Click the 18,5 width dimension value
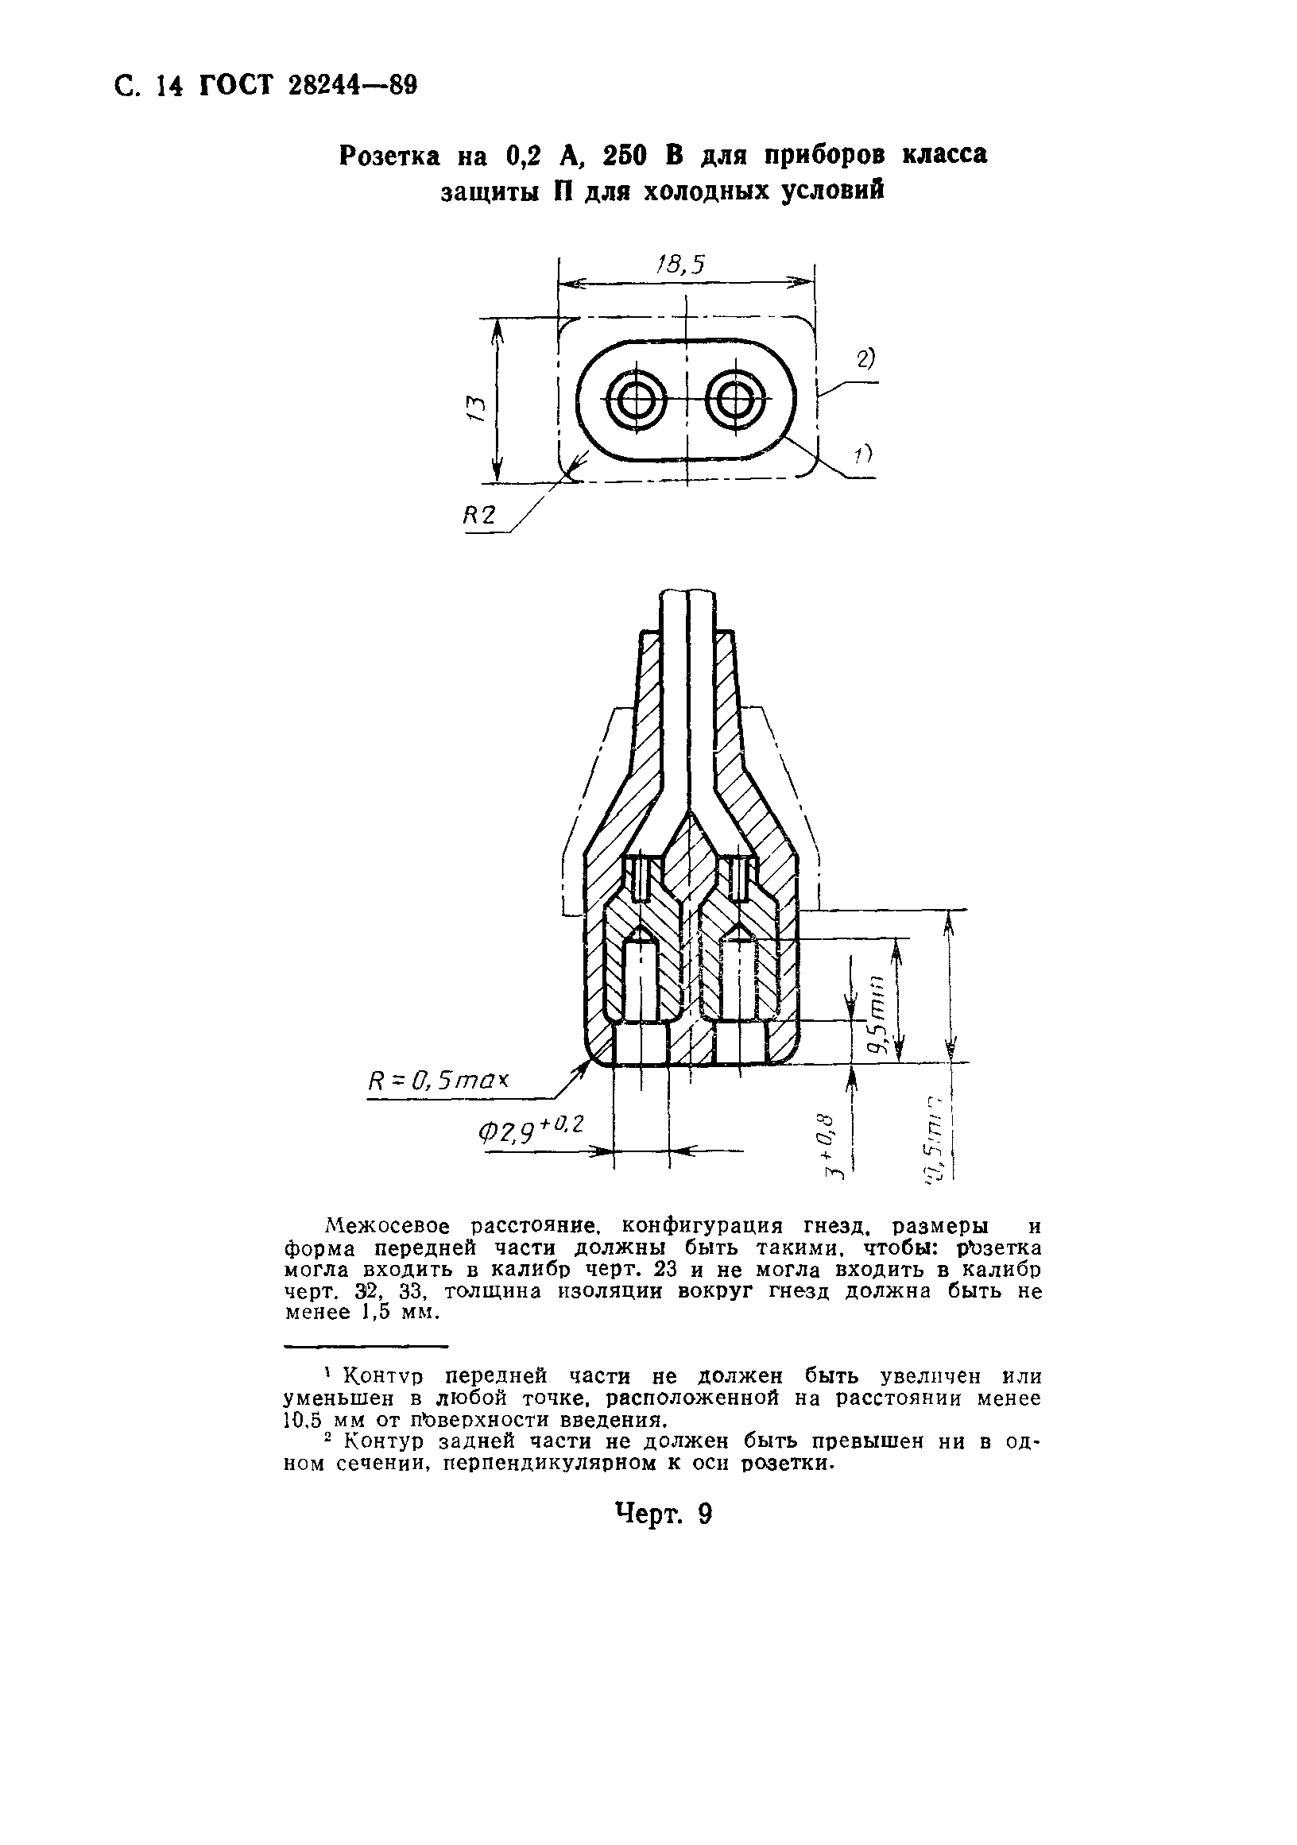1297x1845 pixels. coord(679,265)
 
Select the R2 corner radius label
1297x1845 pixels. coord(480,517)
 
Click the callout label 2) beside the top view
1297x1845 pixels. coord(865,359)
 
